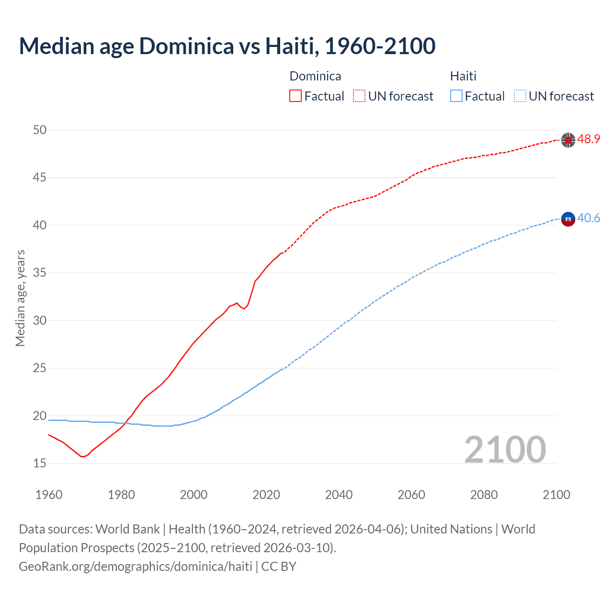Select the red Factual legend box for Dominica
tap(295, 96)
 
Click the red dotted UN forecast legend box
tap(359, 96)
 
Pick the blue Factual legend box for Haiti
tap(456, 96)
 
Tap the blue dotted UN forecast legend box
tap(520, 96)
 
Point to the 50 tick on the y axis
tap(40, 130)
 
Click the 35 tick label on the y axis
tap(40, 273)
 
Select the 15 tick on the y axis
tap(40, 463)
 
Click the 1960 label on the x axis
tap(49, 494)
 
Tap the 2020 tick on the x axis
tap(266, 494)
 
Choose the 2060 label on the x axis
tap(411, 494)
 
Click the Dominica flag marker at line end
tap(568, 140)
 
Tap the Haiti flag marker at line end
tap(568, 219)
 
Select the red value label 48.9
tap(589, 139)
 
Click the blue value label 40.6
tap(589, 218)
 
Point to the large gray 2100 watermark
tap(505, 449)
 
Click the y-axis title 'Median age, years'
tap(20, 298)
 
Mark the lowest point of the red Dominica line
tap(82, 456)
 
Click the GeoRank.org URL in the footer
tap(136, 566)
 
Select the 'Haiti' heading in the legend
tap(463, 76)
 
